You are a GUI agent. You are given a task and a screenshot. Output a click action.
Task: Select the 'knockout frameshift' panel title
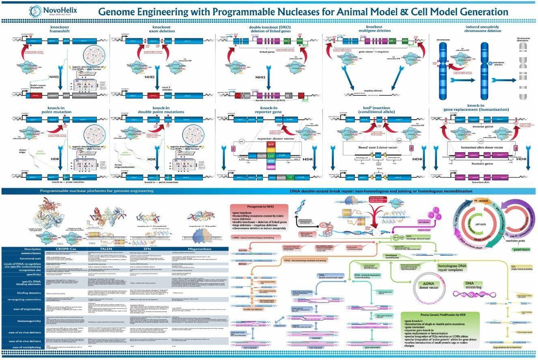pos(60,30)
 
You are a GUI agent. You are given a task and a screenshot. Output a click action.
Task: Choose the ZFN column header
pos(151,249)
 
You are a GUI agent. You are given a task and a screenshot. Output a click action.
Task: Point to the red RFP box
pos(271,144)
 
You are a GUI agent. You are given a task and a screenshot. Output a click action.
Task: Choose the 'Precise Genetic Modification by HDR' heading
pos(439,315)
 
